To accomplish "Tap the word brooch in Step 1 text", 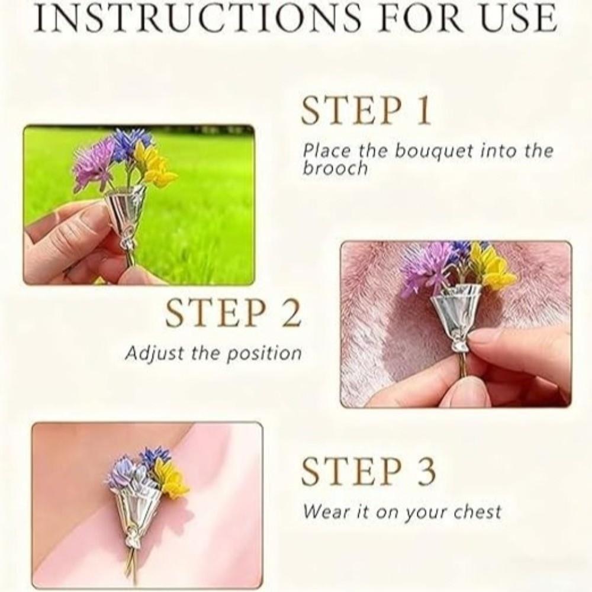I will point(335,168).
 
